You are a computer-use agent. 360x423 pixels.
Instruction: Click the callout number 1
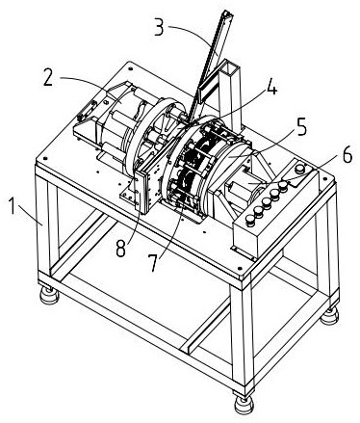[x=12, y=206]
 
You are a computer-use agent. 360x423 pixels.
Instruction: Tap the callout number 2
[x=48, y=78]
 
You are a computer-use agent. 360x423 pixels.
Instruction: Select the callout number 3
[x=159, y=27]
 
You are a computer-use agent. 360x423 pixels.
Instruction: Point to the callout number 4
[x=271, y=87]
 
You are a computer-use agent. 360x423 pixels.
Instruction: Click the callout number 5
[x=300, y=127]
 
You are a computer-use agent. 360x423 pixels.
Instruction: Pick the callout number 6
[x=347, y=156]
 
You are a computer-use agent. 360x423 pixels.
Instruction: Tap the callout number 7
[x=155, y=263]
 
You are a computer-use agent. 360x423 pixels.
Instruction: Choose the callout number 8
[x=120, y=249]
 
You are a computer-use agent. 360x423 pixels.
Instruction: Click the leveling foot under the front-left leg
[x=49, y=296]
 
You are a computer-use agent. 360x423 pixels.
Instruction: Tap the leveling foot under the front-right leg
[x=244, y=405]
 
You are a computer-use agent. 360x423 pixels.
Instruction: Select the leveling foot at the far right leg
[x=329, y=317]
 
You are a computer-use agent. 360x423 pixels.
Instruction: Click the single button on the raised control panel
[x=300, y=168]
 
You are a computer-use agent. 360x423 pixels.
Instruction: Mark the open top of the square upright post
[x=230, y=66]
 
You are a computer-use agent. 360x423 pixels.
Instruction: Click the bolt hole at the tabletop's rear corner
[x=130, y=68]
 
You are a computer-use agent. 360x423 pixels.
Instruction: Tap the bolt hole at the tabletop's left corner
[x=44, y=158]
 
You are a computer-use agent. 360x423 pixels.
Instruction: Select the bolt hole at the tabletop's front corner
[x=240, y=268]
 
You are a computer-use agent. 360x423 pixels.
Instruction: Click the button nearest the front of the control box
[x=250, y=220]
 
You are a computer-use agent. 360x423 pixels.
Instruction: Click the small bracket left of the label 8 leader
[x=129, y=196]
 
